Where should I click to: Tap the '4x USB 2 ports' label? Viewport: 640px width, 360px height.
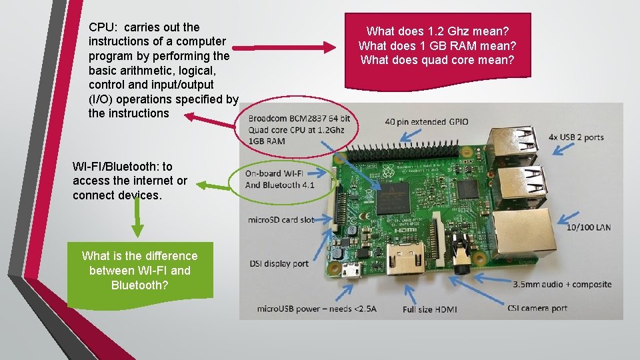pyautogui.click(x=576, y=137)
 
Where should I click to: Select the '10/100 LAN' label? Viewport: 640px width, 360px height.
pyautogui.click(x=589, y=227)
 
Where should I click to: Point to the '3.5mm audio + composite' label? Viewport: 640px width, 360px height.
pyautogui.click(x=562, y=284)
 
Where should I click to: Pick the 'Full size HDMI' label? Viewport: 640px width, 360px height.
pyautogui.click(x=429, y=309)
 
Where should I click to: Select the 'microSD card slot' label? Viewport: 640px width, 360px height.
pyautogui.click(x=281, y=219)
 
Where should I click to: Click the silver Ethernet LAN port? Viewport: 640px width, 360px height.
pyautogui.click(x=527, y=233)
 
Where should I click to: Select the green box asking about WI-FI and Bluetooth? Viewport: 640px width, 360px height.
pyautogui.click(x=140, y=270)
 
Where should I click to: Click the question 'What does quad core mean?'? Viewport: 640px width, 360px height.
pyautogui.click(x=437, y=59)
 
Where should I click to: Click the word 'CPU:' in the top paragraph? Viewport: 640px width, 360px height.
pyautogui.click(x=102, y=27)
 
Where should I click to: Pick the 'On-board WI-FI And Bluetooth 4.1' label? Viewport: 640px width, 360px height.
pyautogui.click(x=280, y=179)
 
